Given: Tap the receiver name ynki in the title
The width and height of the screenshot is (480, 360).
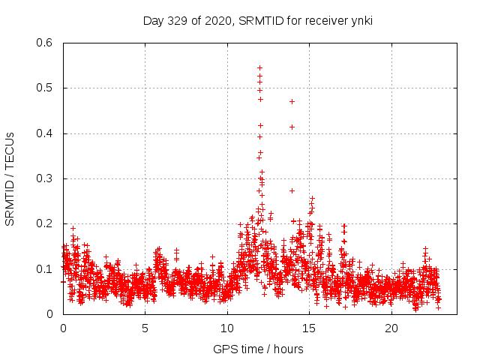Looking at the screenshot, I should point(360,21).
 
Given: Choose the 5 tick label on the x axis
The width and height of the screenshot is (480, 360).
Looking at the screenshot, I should point(145,328).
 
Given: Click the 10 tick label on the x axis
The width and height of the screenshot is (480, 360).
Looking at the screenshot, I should point(227,328).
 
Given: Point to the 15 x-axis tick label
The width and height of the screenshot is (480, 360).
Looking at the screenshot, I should point(309,328).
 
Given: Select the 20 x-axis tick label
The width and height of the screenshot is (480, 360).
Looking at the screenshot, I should point(391,328).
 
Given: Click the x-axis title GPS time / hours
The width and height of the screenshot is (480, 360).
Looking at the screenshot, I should point(258,349).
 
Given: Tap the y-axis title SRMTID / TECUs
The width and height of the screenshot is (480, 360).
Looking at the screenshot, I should point(10,178).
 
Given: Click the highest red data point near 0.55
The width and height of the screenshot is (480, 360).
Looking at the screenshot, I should point(259,67).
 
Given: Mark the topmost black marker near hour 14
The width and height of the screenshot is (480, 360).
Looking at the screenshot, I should point(292,101).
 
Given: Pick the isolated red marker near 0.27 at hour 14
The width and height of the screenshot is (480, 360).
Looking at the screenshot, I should point(292,190).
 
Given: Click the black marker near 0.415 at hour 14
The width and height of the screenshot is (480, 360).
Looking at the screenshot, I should point(292,127).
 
